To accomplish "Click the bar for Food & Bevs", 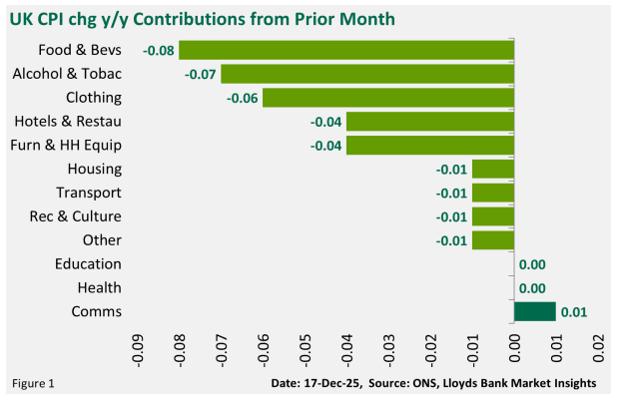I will pos(346,50).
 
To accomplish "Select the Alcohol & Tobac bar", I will pos(367,74).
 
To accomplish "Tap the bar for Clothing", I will pos(388,98).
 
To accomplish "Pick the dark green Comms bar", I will pos(534,312).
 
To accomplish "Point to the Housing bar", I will pos(492,170).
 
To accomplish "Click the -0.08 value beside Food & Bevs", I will pos(159,50).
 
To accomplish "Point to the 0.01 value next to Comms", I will pos(574,312).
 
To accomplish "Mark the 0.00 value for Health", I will pos(532,288).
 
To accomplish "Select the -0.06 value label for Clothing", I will pos(243,98).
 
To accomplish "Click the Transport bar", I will pos(492,194).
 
